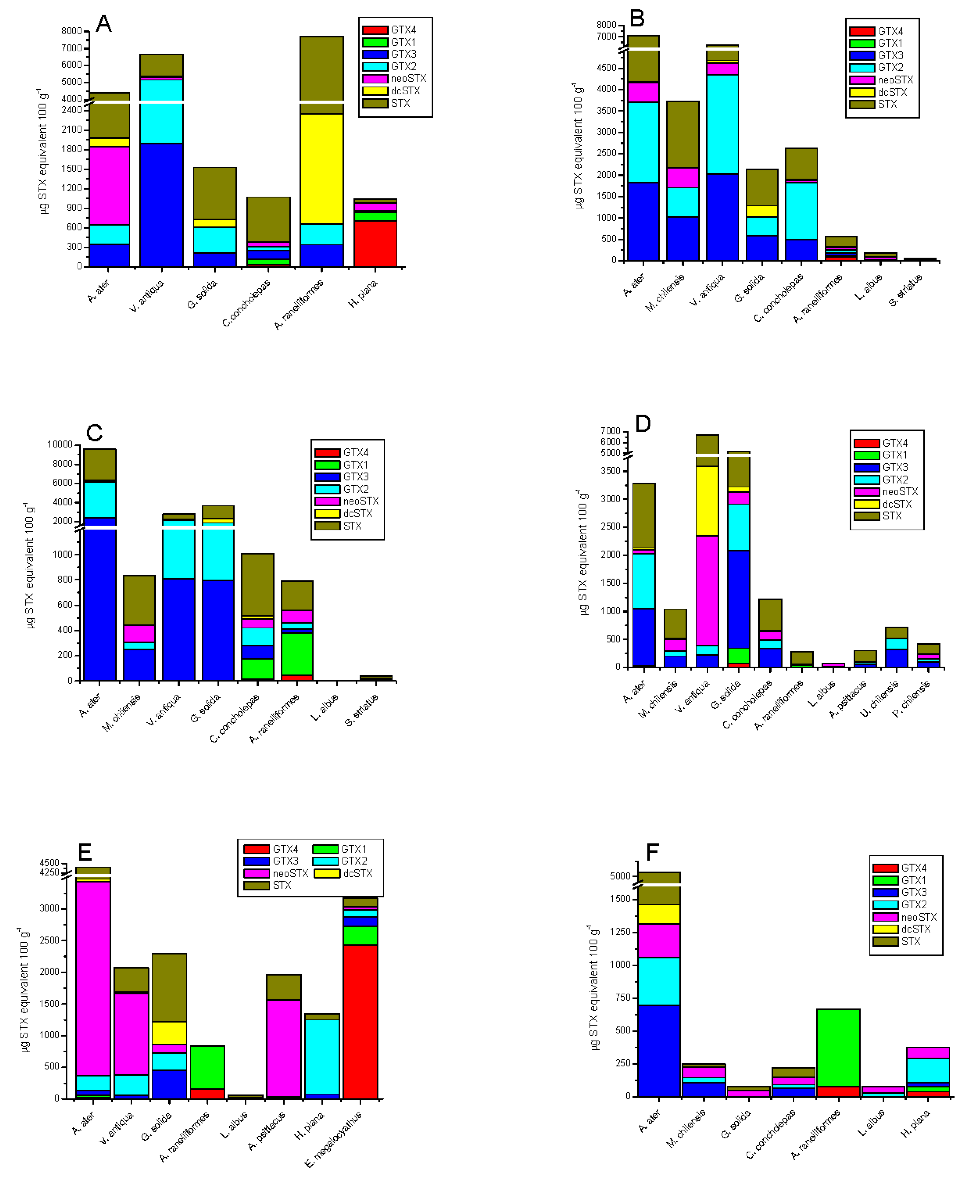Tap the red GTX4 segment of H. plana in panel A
pyautogui.click(x=375, y=244)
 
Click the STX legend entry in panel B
pyautogui.click(x=887, y=104)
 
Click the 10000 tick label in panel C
pyautogui.click(x=60, y=445)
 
